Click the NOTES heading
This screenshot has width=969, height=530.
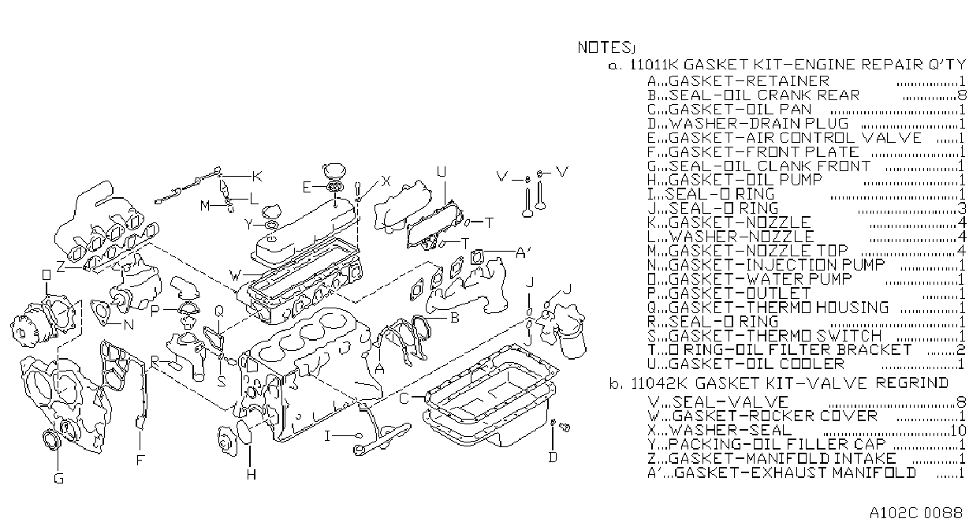click(605, 47)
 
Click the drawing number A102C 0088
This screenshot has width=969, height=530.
click(916, 513)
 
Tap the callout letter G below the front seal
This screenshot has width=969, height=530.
click(58, 478)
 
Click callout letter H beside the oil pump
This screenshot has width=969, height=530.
click(252, 475)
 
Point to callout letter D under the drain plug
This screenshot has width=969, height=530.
click(553, 457)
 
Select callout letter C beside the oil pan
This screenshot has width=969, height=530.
click(404, 397)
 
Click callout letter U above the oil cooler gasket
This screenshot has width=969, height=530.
click(442, 172)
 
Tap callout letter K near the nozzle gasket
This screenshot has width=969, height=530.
click(257, 176)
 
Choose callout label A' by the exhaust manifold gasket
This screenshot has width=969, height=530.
click(523, 252)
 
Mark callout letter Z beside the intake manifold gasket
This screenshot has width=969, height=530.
click(61, 267)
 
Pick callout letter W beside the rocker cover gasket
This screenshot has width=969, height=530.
click(236, 275)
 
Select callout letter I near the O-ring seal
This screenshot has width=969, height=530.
click(327, 435)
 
